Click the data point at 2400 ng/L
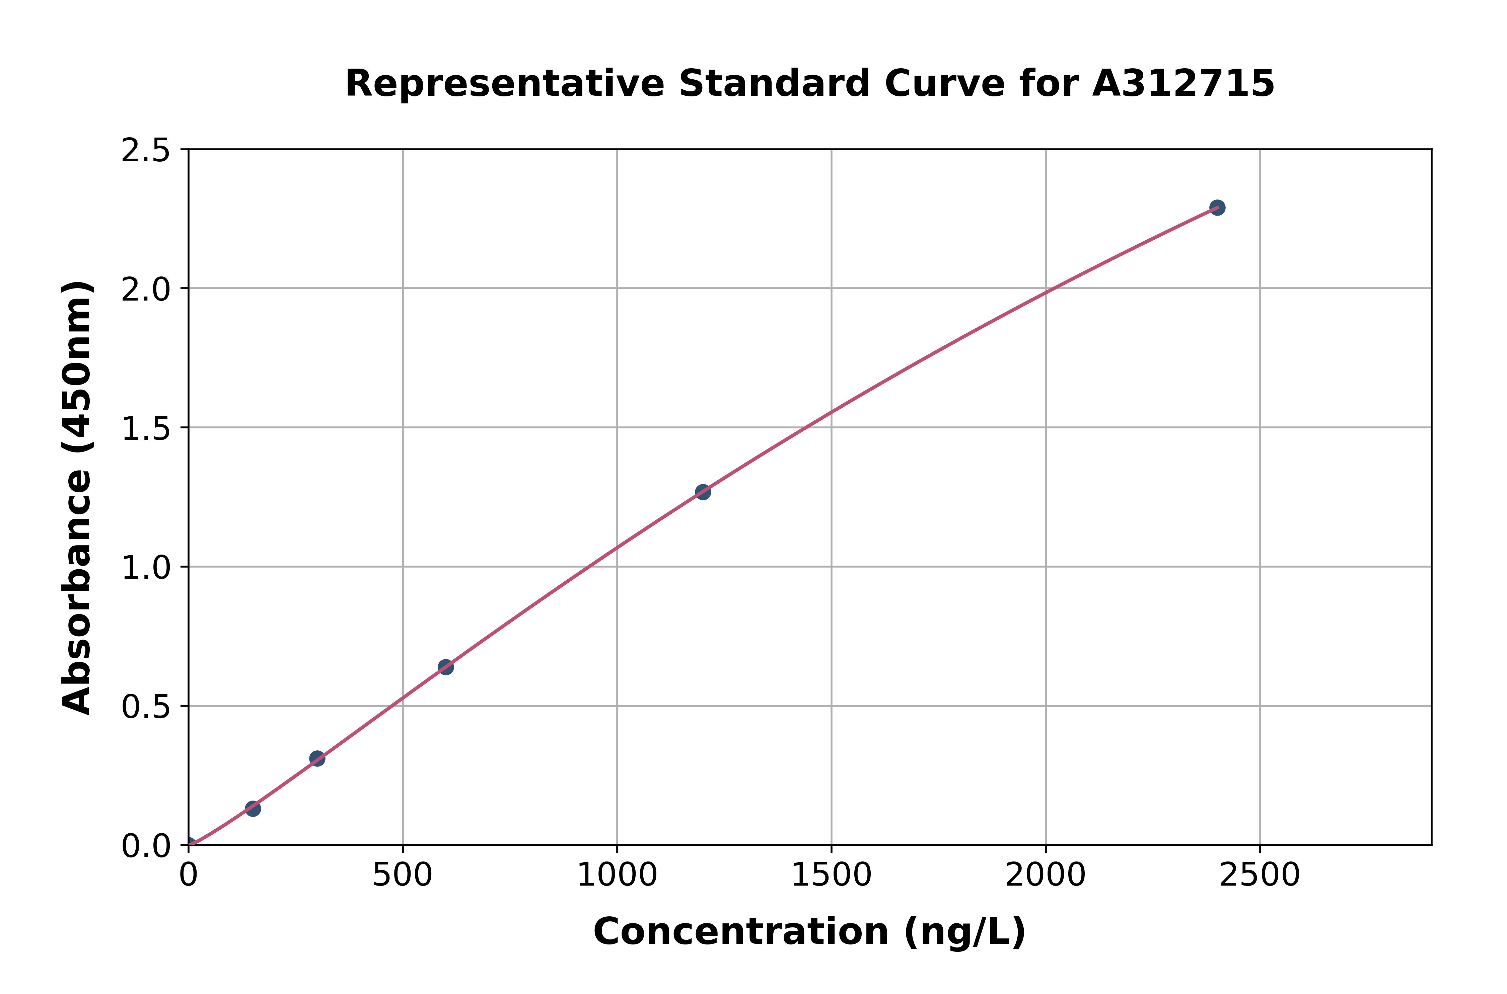1217,207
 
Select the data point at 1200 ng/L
703,491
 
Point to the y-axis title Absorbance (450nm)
77,498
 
